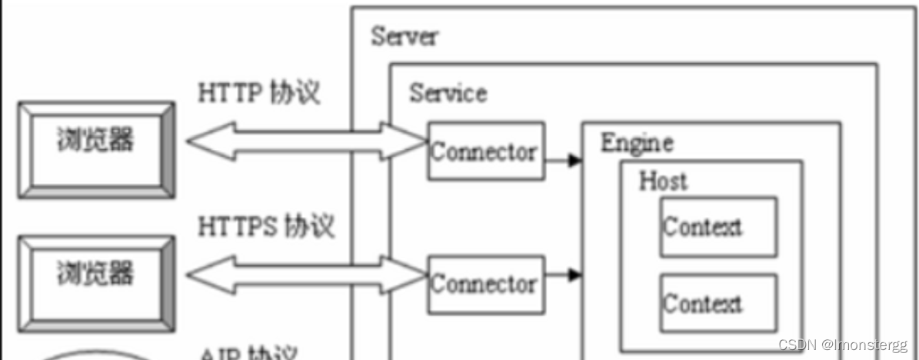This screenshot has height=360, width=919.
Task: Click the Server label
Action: coord(404,35)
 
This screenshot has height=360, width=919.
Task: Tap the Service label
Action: coord(448,93)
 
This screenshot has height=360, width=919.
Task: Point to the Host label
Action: coord(663,182)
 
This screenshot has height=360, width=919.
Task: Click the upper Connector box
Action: coord(484,151)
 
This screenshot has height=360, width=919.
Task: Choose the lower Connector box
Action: coord(484,284)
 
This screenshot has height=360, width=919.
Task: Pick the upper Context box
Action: coord(718,226)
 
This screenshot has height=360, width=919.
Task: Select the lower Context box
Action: coord(718,303)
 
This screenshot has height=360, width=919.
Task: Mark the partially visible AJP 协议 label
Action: coord(248,353)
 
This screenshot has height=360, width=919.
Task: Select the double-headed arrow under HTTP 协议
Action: coord(306,141)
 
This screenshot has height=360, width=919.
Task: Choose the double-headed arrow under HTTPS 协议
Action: coord(306,274)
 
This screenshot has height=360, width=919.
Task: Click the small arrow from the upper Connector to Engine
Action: coord(563,161)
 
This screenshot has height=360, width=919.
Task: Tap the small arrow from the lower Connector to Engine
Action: coord(563,273)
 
